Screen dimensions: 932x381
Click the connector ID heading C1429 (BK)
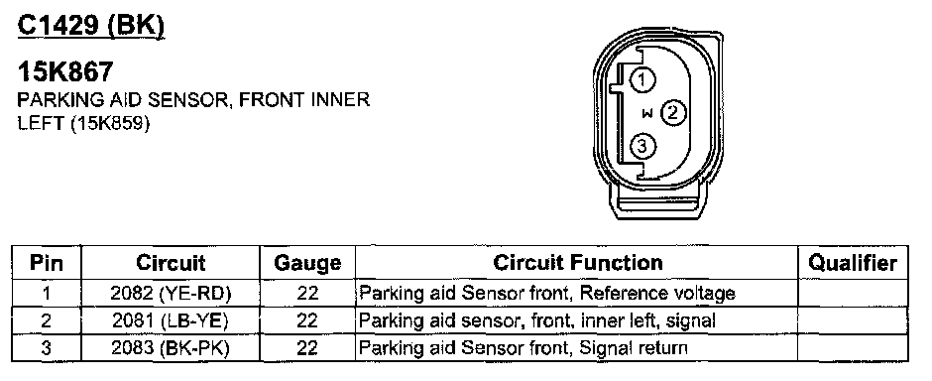(x=91, y=26)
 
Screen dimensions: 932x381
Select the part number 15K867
(x=64, y=72)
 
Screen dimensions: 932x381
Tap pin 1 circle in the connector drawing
(x=642, y=79)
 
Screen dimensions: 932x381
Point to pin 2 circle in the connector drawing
(x=673, y=112)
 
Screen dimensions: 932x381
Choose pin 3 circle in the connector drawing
(x=642, y=146)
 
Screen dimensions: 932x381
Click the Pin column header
(x=47, y=263)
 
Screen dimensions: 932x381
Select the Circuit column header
(x=171, y=263)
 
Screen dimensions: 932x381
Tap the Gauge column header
(x=307, y=263)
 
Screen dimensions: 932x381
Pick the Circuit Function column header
(x=577, y=262)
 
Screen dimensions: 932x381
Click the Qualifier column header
(x=853, y=263)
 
